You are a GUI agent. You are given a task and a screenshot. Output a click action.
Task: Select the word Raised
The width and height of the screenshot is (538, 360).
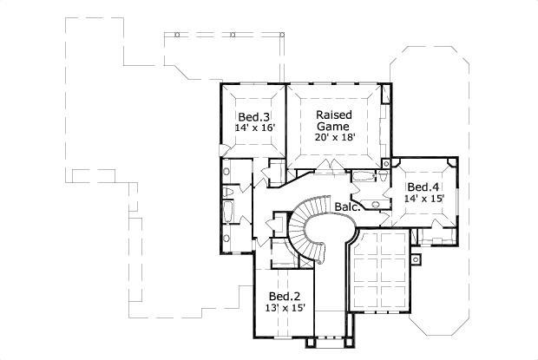(x=333, y=115)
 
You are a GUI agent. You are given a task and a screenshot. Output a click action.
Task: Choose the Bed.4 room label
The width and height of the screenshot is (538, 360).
(x=423, y=187)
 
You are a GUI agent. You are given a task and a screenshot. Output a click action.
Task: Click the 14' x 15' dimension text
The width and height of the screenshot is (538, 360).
(x=423, y=199)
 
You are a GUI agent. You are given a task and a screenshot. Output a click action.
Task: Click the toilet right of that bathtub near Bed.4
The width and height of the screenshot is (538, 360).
(x=382, y=177)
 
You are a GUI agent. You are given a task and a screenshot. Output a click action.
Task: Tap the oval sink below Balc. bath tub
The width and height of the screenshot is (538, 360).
(x=375, y=205)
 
